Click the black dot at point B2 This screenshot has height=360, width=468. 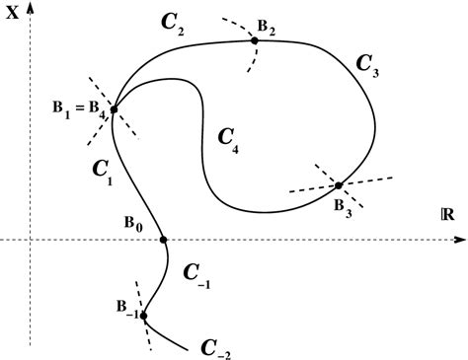click(x=255, y=40)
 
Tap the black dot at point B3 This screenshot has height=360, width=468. click(x=338, y=185)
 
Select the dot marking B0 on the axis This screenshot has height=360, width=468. click(x=163, y=239)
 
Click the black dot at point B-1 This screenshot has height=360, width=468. click(x=144, y=316)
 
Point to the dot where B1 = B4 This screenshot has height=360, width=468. click(x=115, y=109)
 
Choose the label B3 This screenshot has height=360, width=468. click(x=342, y=205)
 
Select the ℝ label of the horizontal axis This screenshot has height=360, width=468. click(x=452, y=213)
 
